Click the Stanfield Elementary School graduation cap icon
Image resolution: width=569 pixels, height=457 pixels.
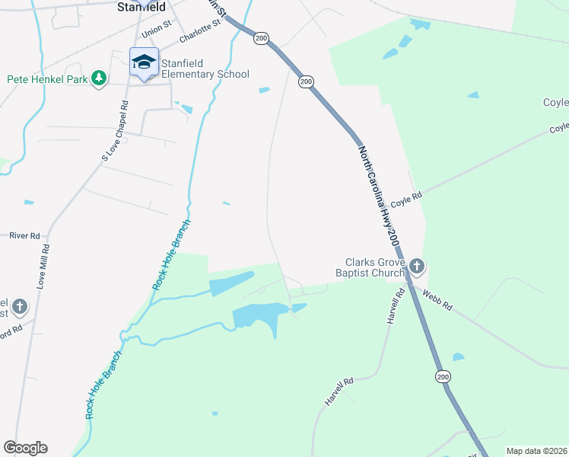coord(143,62)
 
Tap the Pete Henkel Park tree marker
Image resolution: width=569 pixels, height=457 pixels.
coord(98,78)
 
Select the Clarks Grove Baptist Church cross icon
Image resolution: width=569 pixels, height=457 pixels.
coord(416,267)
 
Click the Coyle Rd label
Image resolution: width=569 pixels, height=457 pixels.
coord(406,199)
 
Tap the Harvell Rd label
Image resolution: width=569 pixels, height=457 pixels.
coord(339,391)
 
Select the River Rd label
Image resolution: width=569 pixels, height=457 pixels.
coord(24,236)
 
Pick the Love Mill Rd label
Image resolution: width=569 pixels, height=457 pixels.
coord(43,265)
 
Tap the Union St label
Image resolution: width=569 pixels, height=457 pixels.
coord(157,34)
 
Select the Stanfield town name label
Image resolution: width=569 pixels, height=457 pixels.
coord(142,7)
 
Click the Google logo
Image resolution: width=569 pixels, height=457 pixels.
coord(25,448)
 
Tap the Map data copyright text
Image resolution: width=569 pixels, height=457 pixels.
coord(536,451)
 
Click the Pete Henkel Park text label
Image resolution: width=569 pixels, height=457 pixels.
coord(47,78)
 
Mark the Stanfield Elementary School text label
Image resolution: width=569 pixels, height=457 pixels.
coord(205,69)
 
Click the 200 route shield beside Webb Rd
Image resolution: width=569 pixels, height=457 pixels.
coord(443,376)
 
